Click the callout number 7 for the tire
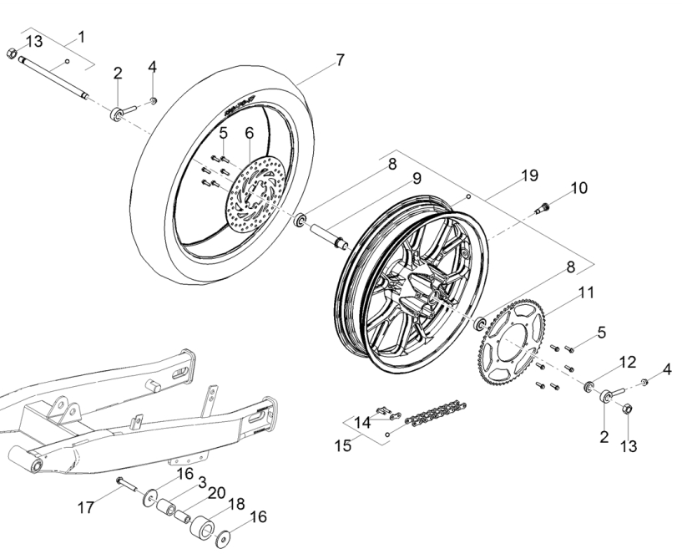coord(340,59)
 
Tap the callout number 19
coord(530,175)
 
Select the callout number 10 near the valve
coord(579,188)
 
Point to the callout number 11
coord(586,292)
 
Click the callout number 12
coord(628,363)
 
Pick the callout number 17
coord(86,507)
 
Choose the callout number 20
coord(216,494)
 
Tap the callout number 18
coord(236,505)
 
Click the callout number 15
coord(343,445)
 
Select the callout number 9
coord(417,178)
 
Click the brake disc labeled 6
coord(256,191)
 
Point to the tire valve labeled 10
coord(542,208)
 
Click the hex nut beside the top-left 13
coord(13,53)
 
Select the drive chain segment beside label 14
coord(436,412)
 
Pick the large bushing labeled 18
coord(203,527)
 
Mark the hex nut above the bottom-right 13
coord(627,409)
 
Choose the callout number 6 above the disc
coord(250,133)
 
